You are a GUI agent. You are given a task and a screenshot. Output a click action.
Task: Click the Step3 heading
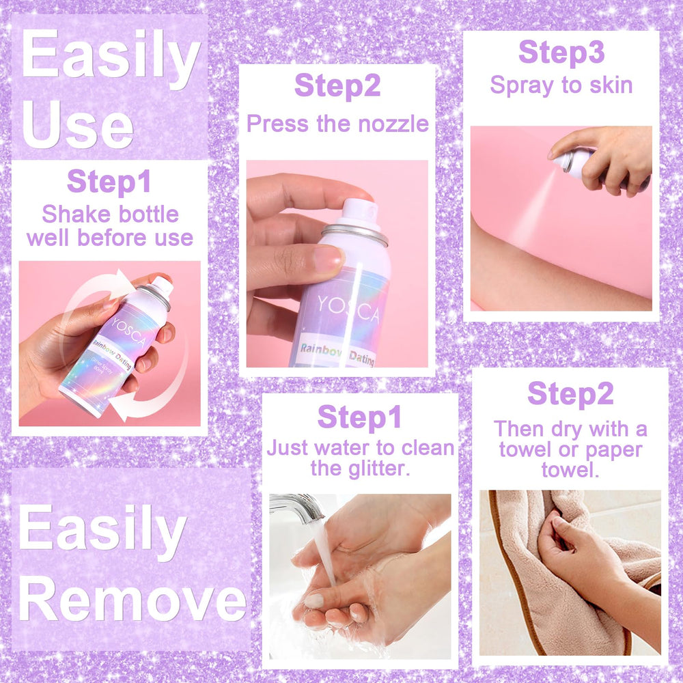pyautogui.click(x=561, y=53)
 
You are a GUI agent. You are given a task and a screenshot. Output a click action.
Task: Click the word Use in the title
pyautogui.click(x=78, y=124)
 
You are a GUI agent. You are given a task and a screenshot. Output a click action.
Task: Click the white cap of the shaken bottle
pyautogui.click(x=162, y=285)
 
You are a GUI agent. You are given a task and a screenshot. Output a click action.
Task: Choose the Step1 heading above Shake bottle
pyautogui.click(x=109, y=182)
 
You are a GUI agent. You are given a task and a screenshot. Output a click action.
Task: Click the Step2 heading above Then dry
pyautogui.click(x=570, y=394)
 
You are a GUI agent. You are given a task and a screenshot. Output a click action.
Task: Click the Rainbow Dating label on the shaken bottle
pyautogui.click(x=113, y=354)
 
